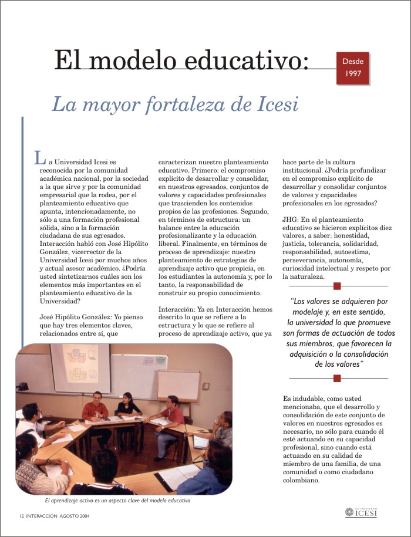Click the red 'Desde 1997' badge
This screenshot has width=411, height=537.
click(x=353, y=68)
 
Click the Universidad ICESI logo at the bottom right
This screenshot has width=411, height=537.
click(x=361, y=513)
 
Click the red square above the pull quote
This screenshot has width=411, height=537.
click(x=336, y=286)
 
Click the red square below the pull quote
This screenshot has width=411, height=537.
click(x=336, y=379)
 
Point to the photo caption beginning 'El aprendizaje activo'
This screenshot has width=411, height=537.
click(x=118, y=501)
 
